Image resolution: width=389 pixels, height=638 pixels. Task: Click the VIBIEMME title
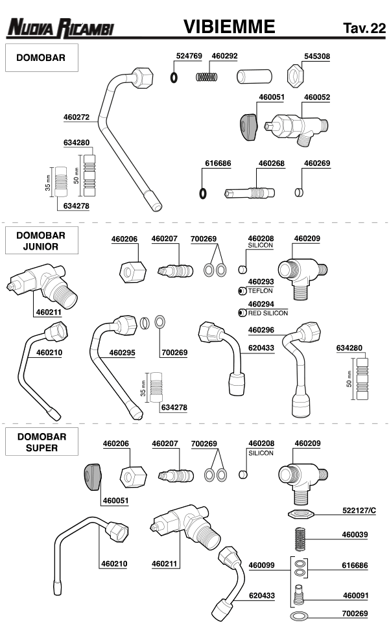point(229,27)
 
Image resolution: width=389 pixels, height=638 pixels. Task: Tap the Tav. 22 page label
point(364,28)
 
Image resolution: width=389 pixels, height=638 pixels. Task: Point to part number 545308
point(317,56)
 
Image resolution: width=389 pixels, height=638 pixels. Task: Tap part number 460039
point(355,536)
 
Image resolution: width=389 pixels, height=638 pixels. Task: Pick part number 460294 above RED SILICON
point(261,303)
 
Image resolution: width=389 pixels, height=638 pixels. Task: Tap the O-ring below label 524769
point(174,77)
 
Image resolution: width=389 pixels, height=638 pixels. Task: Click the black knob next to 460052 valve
point(248,124)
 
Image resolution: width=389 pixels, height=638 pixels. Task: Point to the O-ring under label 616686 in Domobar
point(202,193)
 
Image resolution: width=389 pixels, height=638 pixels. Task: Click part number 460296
point(261,329)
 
